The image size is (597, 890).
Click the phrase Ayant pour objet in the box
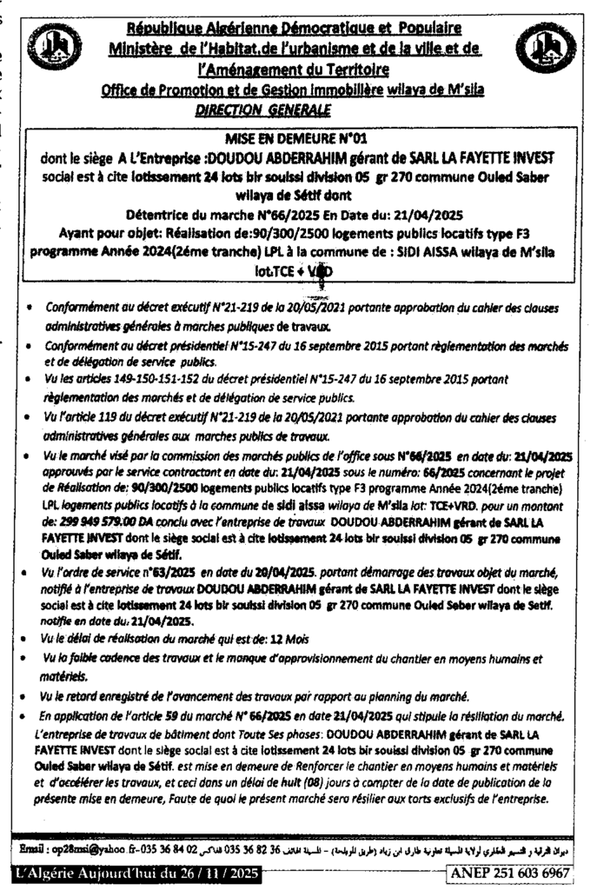108,233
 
